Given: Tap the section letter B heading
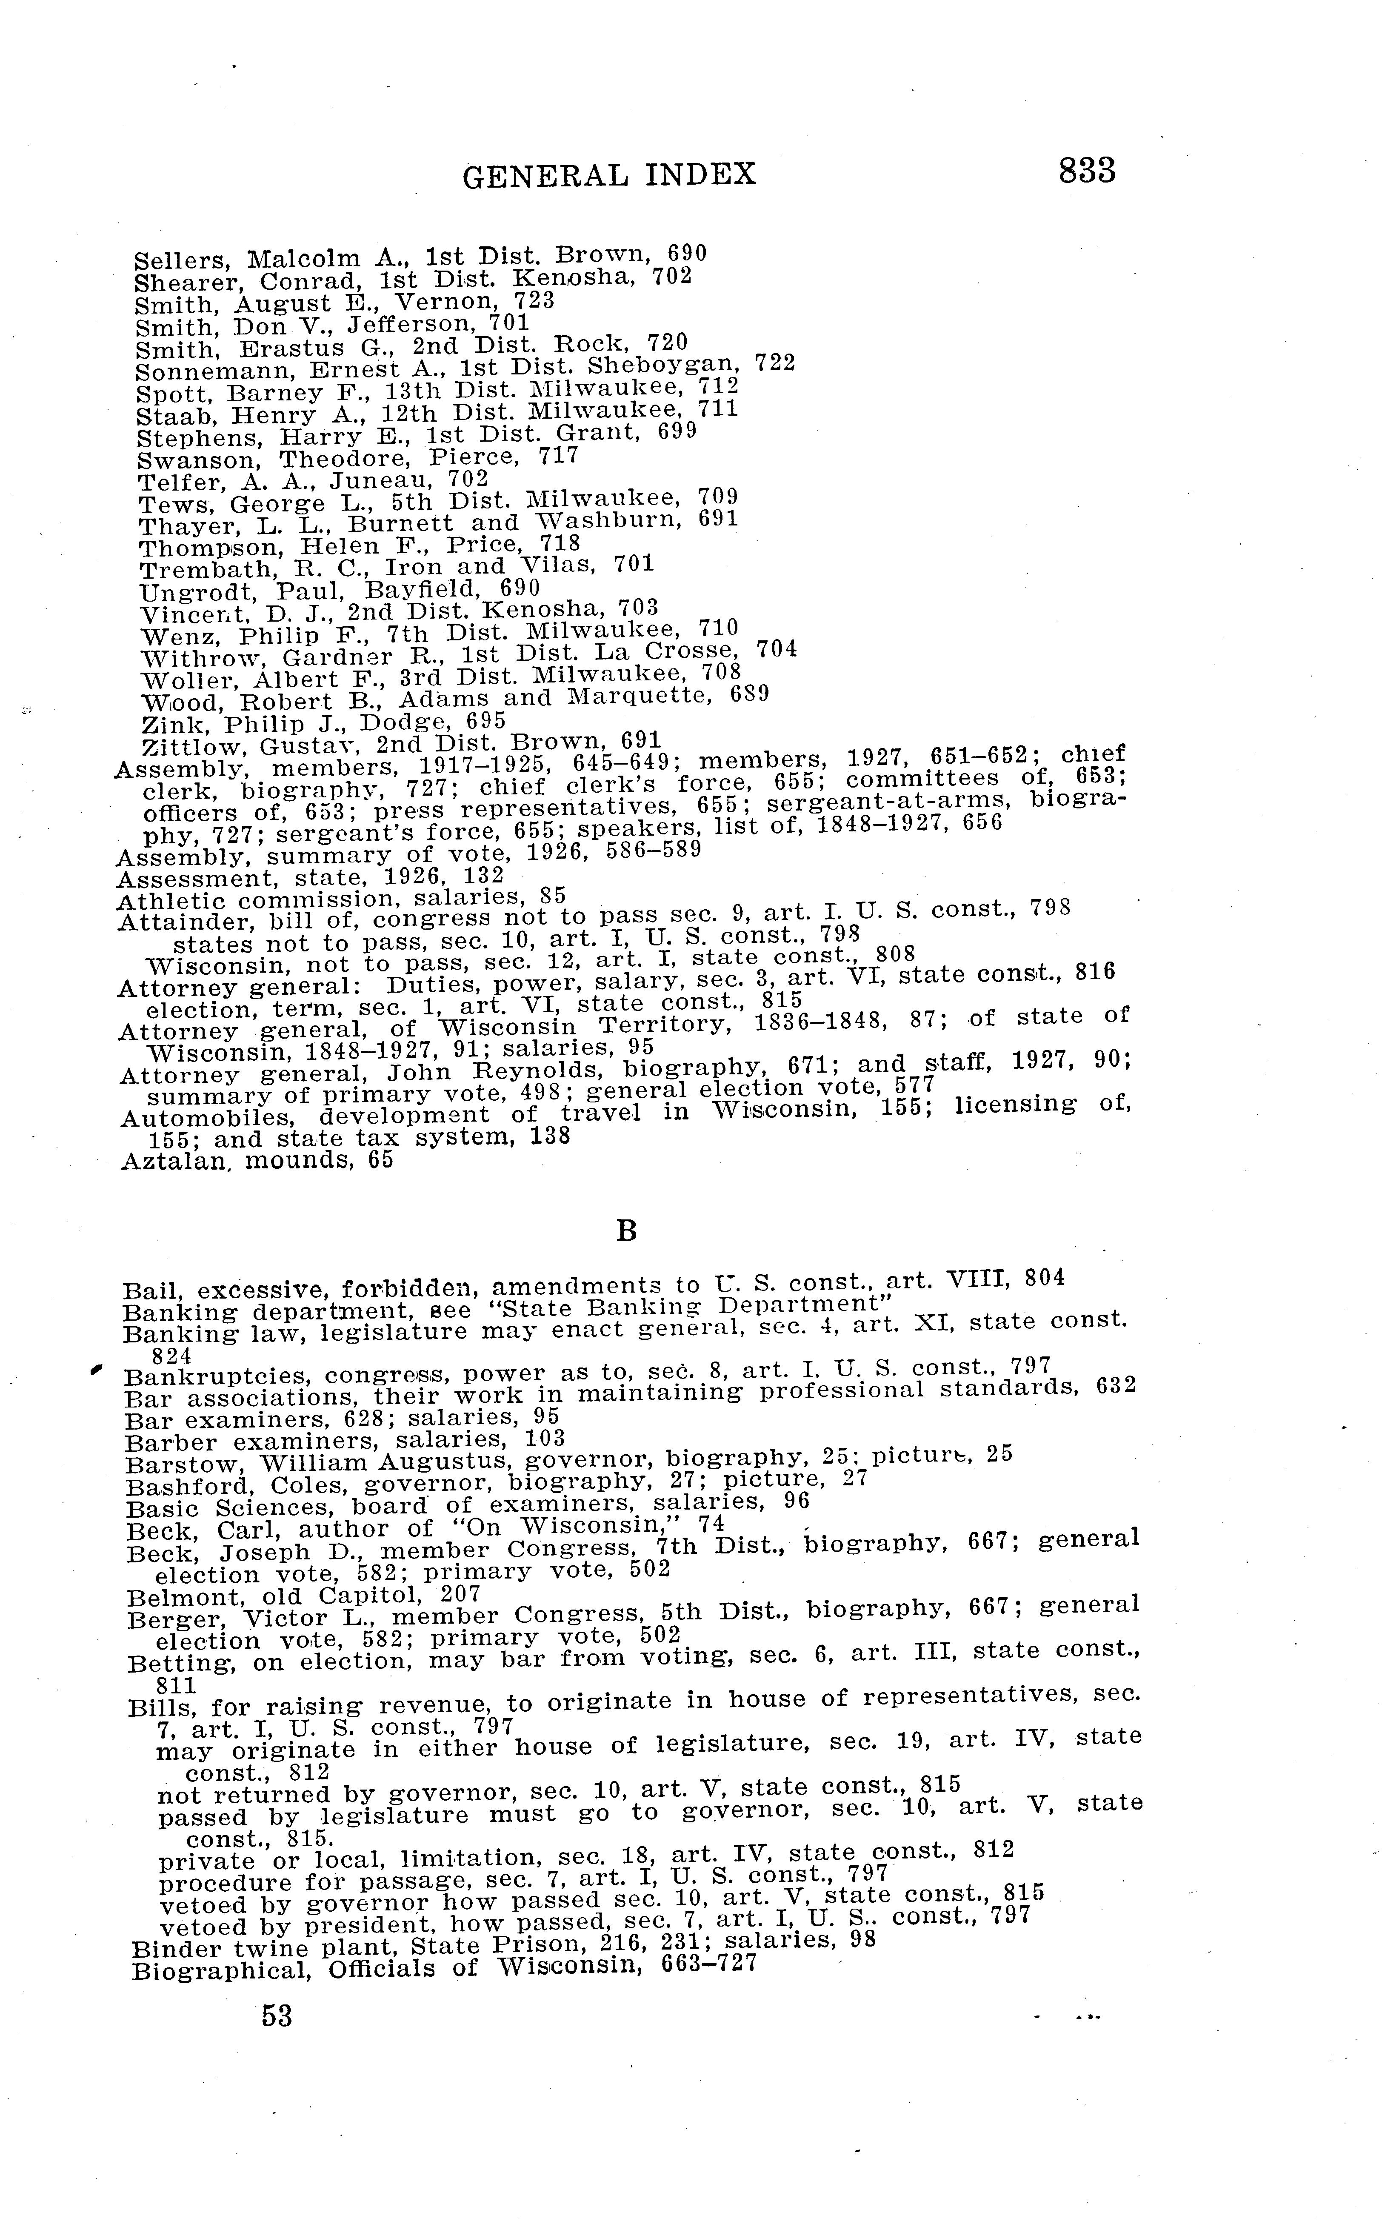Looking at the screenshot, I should tap(626, 1231).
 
